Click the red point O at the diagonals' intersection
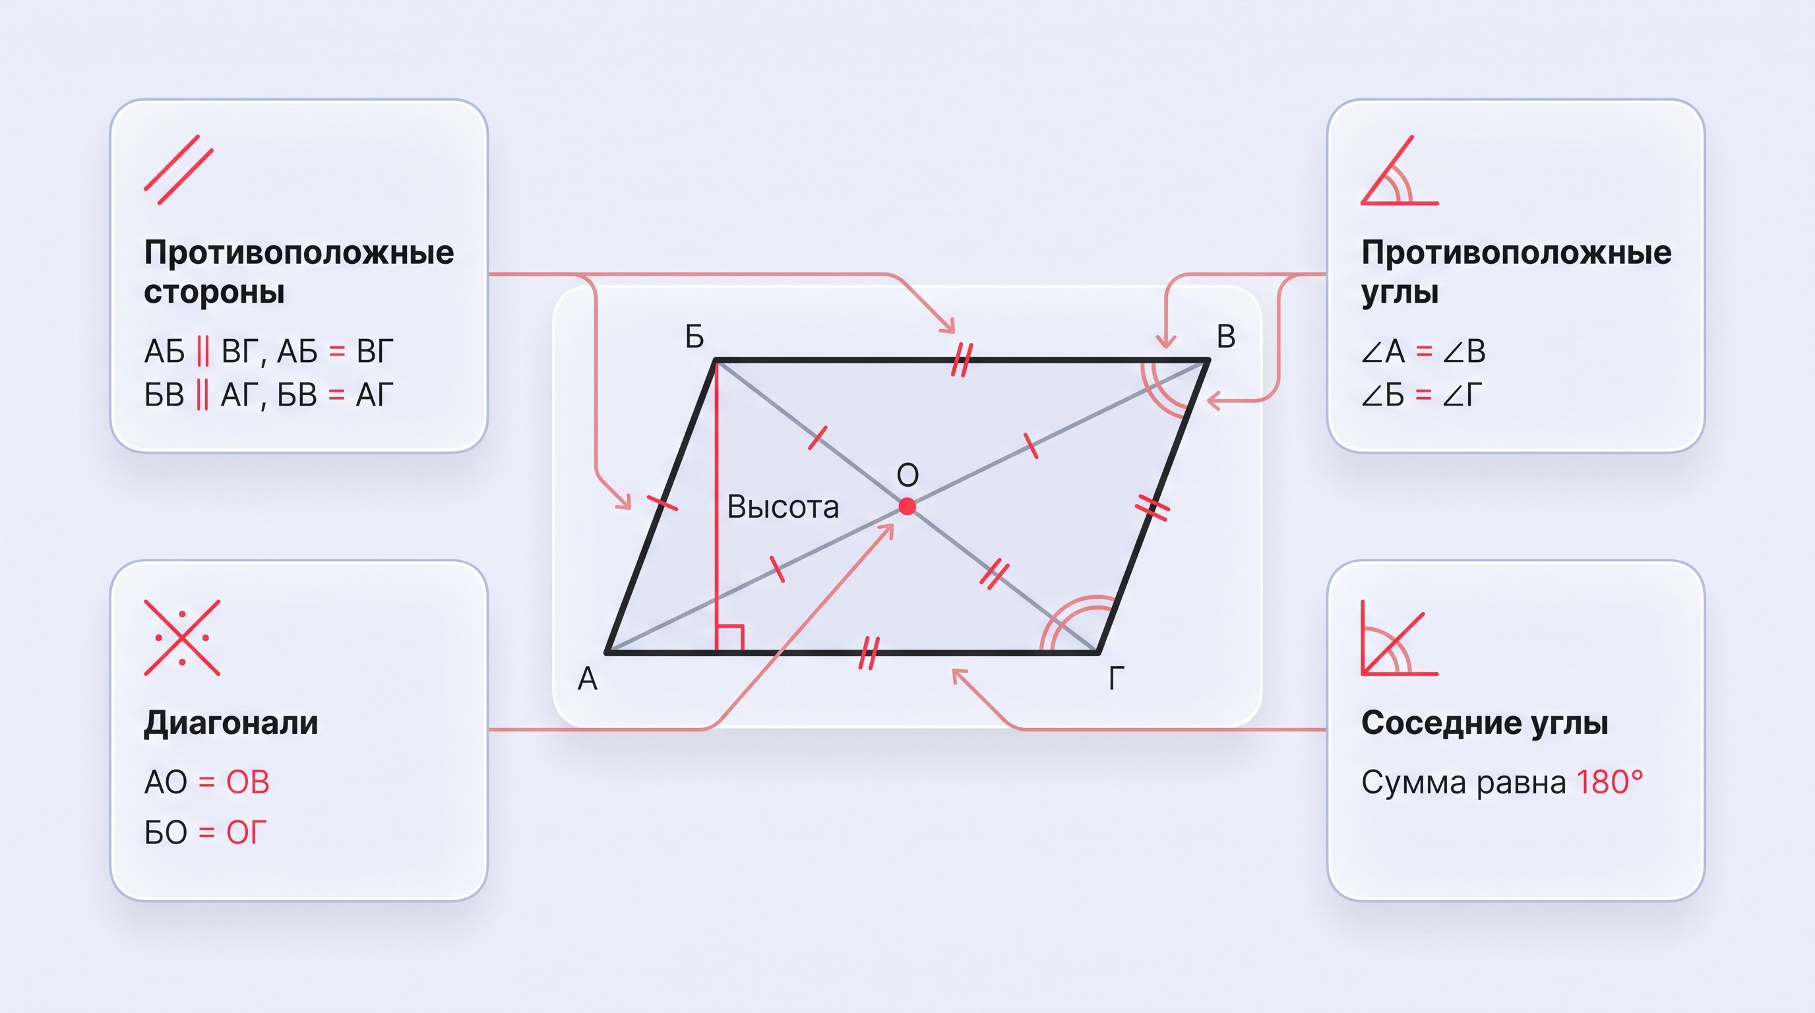[x=907, y=506]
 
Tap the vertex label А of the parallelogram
[x=588, y=679]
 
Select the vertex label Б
[x=694, y=337]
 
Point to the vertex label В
[x=1226, y=337]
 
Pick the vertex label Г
[x=1116, y=679]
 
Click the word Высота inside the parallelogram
[x=783, y=506]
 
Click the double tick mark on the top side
[x=962, y=359]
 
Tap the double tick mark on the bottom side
[x=869, y=653]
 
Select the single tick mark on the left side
[x=662, y=503]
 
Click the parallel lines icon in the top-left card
[x=179, y=169]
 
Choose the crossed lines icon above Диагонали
[x=183, y=638]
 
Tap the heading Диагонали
[x=231, y=723]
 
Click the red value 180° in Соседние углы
[x=1609, y=782]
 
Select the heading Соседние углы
[x=1485, y=723]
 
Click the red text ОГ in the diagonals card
[x=247, y=833]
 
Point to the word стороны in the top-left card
[x=214, y=292]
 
